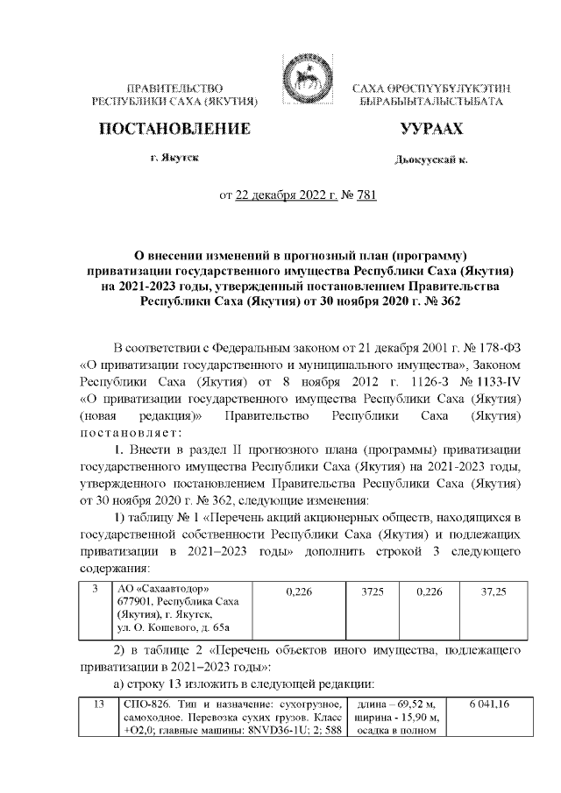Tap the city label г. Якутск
click(174, 158)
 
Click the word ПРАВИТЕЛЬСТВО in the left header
click(174, 89)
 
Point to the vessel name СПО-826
click(142, 705)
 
